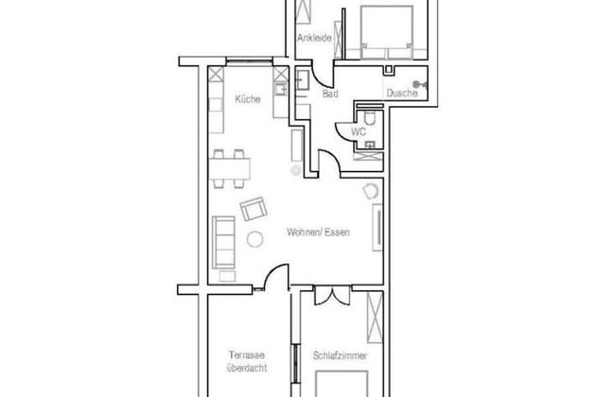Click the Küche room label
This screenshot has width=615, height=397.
click(x=248, y=99)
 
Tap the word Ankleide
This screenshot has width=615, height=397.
click(x=314, y=38)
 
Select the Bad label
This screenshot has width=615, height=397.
click(x=330, y=94)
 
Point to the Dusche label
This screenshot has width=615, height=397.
click(x=401, y=93)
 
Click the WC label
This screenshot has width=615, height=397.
click(x=358, y=131)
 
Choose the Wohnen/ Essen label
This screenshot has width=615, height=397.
click(x=318, y=232)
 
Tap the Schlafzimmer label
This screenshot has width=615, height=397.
click(x=340, y=355)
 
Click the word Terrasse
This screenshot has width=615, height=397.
click(x=247, y=355)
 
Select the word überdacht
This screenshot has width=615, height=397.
click(x=247, y=368)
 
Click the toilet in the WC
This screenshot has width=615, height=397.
click(x=369, y=117)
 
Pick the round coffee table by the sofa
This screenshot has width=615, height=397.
click(x=255, y=239)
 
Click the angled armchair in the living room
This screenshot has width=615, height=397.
click(x=254, y=209)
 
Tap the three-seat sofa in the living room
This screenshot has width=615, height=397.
click(x=223, y=242)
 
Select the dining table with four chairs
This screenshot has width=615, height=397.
click(x=229, y=169)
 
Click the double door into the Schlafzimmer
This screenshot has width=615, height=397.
click(x=332, y=296)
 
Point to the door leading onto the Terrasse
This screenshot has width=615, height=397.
click(x=276, y=277)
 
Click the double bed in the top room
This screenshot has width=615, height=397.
click(x=387, y=32)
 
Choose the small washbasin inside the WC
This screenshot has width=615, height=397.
click(x=370, y=146)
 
